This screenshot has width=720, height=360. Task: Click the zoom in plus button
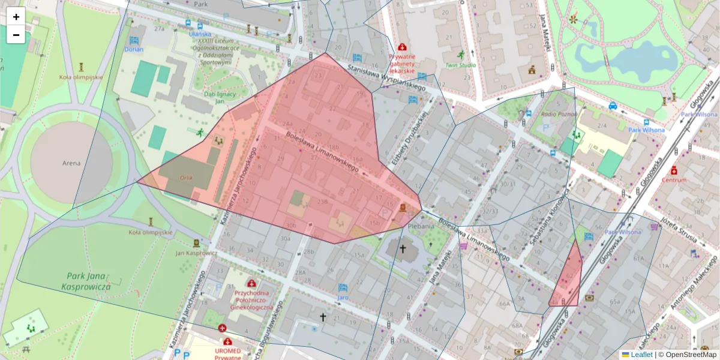click(x=16, y=17)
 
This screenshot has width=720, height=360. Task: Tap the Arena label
click(x=71, y=163)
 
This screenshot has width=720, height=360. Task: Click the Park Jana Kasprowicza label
click(x=86, y=281)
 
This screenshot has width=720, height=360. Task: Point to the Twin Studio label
click(x=460, y=65)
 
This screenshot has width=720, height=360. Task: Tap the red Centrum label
click(x=674, y=180)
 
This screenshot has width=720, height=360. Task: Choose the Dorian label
click(x=134, y=50)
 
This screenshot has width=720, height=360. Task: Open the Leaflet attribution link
click(x=641, y=355)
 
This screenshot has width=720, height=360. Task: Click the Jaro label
click(x=343, y=297)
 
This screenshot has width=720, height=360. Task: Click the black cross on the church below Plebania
click(x=403, y=249)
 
